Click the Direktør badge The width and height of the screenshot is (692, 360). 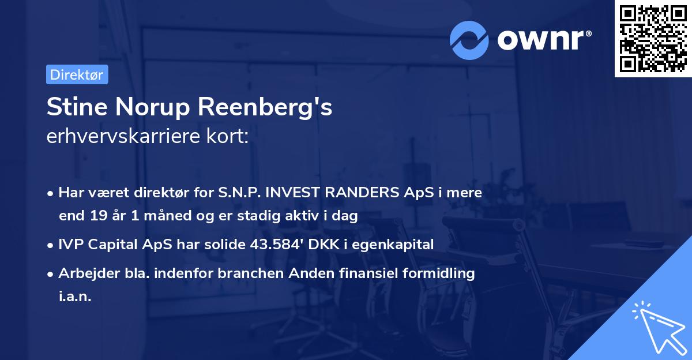tap(77, 74)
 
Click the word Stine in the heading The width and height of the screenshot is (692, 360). tap(72, 107)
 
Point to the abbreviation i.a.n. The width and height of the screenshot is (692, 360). tap(75, 296)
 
